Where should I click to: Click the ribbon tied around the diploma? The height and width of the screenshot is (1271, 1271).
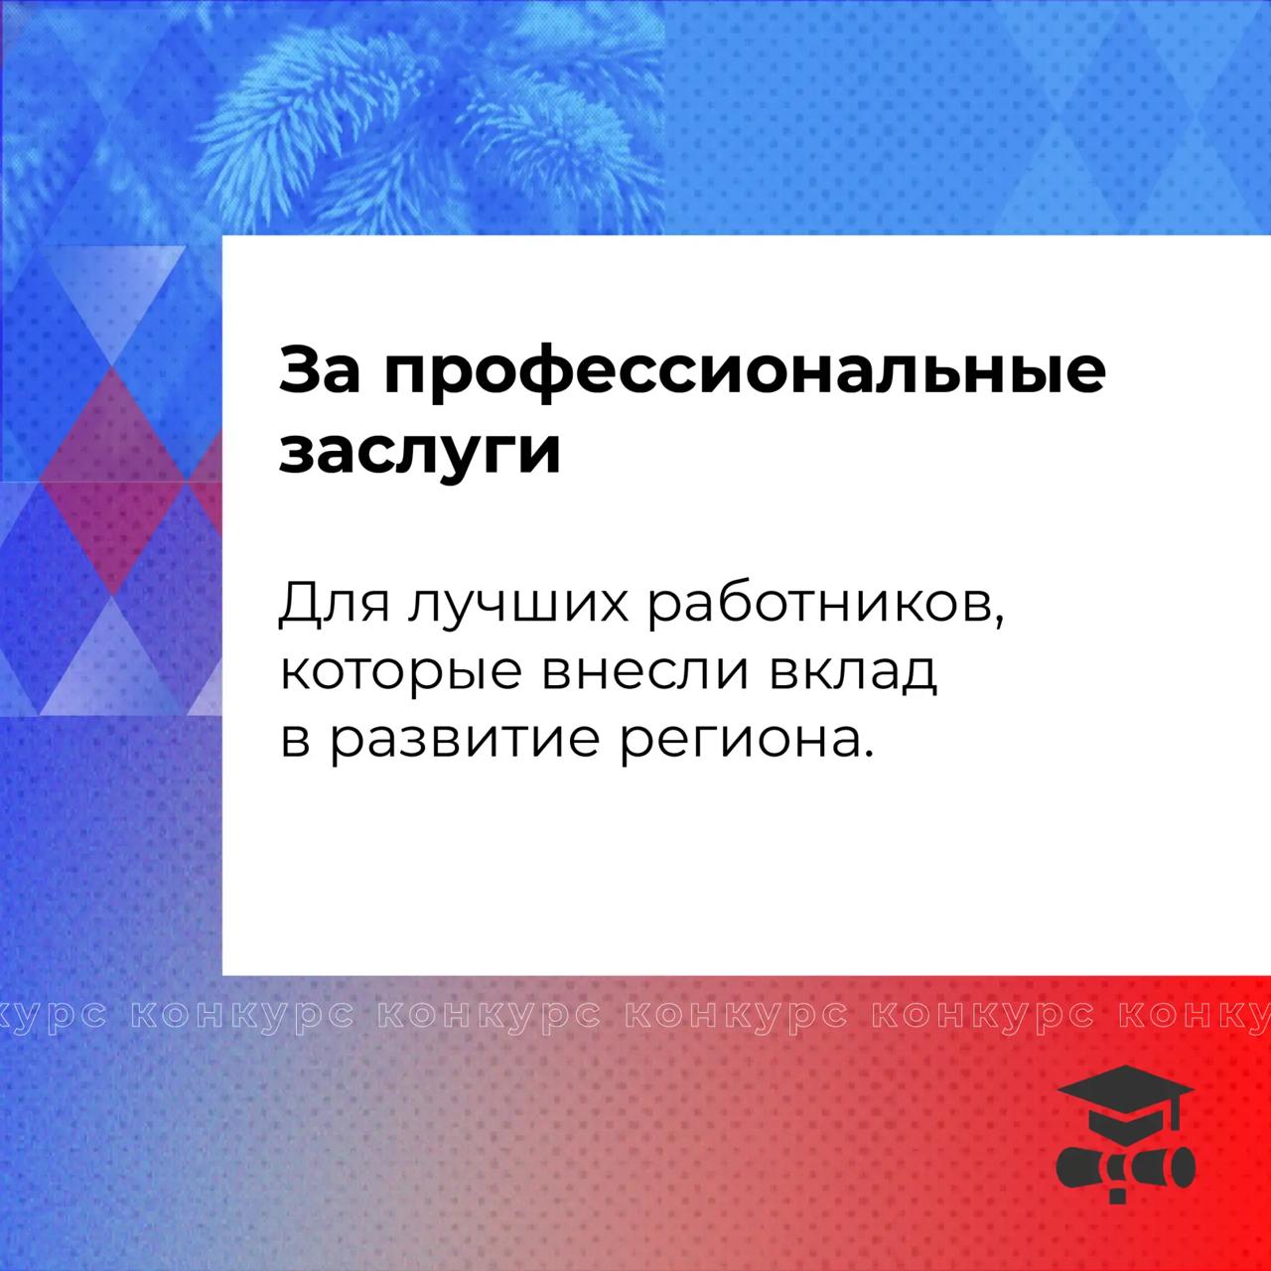click(1117, 1174)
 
